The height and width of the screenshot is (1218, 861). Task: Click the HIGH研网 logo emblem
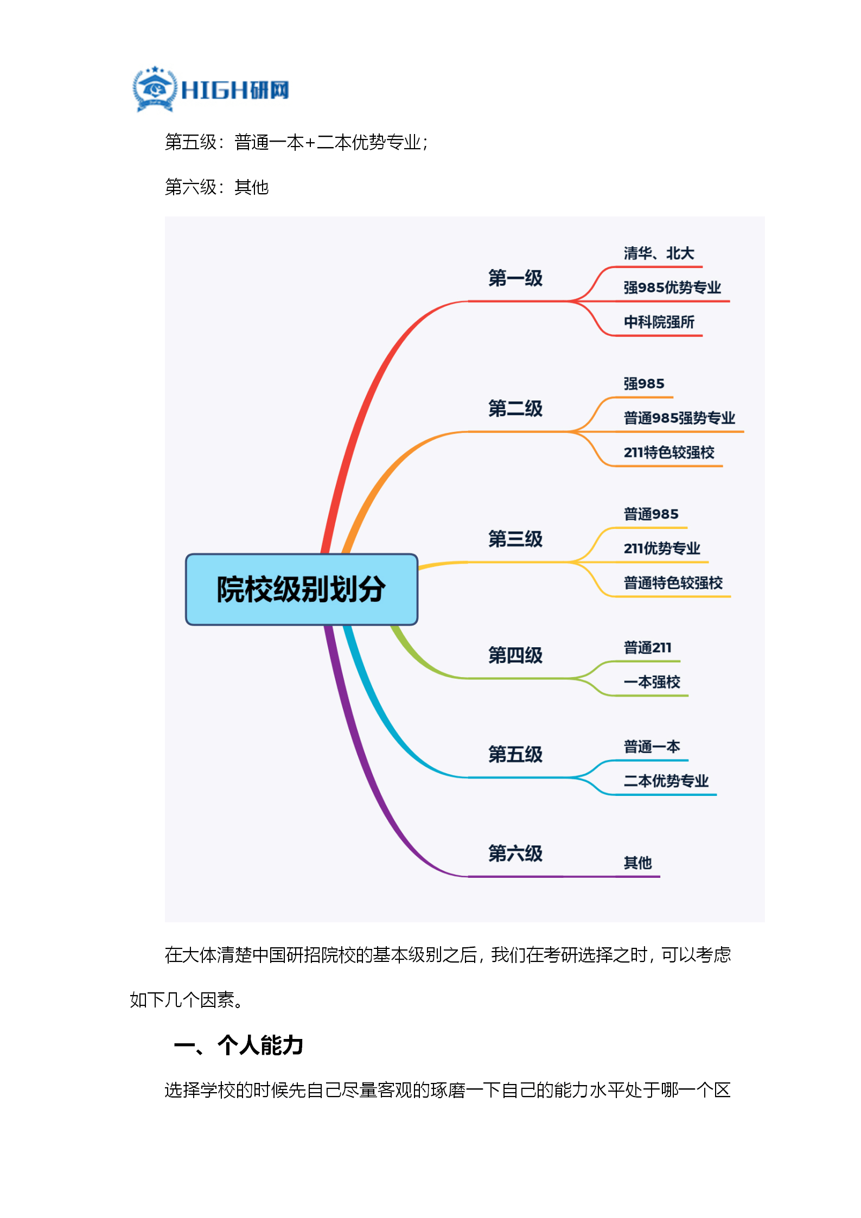(x=155, y=89)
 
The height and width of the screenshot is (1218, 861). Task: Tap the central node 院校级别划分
(x=302, y=589)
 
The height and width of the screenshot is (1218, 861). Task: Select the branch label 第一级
(x=515, y=278)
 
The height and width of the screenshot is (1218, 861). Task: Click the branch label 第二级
(x=515, y=409)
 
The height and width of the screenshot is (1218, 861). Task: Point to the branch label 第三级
(x=515, y=539)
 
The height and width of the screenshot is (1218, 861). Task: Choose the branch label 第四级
(x=515, y=655)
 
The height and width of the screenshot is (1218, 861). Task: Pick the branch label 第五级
(x=515, y=754)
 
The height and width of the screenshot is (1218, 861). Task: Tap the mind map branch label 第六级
(x=515, y=853)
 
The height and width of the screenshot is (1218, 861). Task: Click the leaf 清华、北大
(x=659, y=253)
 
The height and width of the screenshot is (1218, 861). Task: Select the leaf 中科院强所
(x=659, y=322)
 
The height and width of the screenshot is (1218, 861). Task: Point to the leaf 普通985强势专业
(x=679, y=418)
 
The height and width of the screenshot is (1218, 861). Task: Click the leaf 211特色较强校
(x=669, y=452)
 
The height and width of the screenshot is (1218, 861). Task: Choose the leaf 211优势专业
(x=662, y=549)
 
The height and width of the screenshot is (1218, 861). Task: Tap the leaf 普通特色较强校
(x=673, y=583)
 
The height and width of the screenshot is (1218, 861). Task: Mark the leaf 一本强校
(x=652, y=682)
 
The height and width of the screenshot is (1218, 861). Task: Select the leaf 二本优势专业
(x=666, y=781)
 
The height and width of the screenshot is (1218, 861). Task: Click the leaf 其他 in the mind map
(x=637, y=863)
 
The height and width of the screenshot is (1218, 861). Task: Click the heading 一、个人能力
(x=239, y=1045)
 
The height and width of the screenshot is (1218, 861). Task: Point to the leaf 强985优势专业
(x=672, y=288)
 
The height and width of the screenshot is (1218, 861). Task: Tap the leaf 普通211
(x=647, y=648)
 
